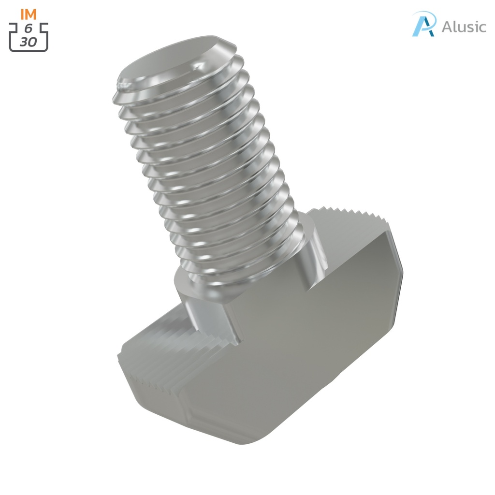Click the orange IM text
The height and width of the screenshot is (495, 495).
point(29,15)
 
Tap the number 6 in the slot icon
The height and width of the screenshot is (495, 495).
point(28,29)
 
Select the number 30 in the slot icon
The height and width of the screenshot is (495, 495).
point(28,42)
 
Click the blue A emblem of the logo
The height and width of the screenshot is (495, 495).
point(424,24)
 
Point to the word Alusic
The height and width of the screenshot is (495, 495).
point(464,27)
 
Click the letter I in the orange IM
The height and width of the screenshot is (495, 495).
point(22,15)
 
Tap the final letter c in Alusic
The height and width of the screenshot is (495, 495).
point(482,27)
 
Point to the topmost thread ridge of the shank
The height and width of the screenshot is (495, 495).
point(179,82)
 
